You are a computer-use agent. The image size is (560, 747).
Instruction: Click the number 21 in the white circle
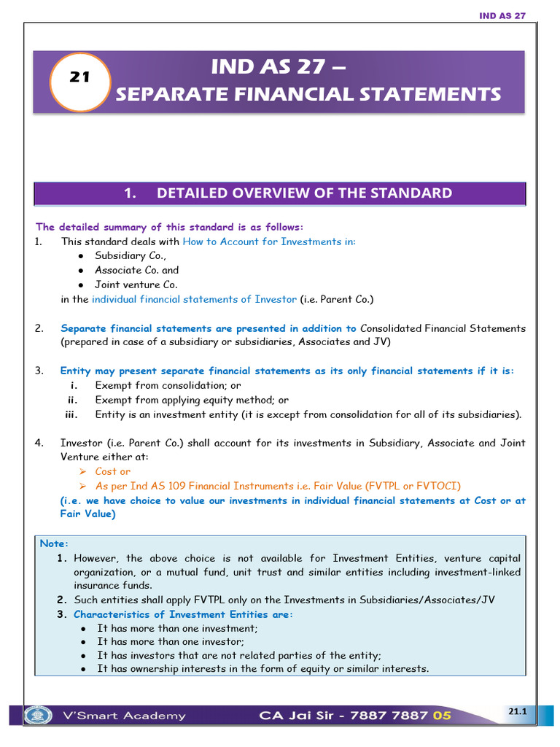tap(79, 77)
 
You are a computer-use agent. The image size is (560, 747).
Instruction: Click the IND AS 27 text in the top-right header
tap(502, 16)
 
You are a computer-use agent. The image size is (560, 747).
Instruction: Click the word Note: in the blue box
tap(54, 543)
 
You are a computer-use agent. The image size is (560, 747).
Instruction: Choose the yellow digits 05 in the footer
tap(442, 716)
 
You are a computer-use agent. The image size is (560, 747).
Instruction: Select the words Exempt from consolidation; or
tap(168, 385)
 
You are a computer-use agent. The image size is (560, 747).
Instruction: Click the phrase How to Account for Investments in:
tap(269, 241)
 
